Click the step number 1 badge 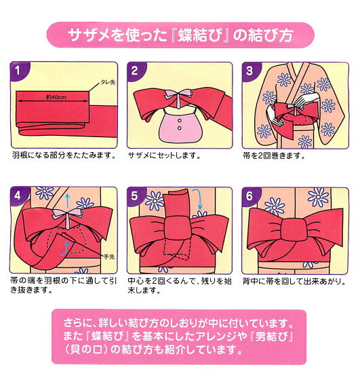click(18, 71)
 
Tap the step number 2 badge click(135, 71)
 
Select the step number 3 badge click(249, 71)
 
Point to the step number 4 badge click(18, 196)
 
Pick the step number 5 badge click(135, 196)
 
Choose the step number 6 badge click(249, 196)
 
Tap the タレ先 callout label click(108, 82)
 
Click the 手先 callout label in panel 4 click(109, 257)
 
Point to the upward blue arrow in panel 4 click(68, 200)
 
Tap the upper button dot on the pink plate click(180, 121)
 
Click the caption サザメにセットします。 click(165, 155)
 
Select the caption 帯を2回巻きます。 click(274, 155)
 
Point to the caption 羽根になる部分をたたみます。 click(64, 155)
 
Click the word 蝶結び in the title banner click(200, 35)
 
